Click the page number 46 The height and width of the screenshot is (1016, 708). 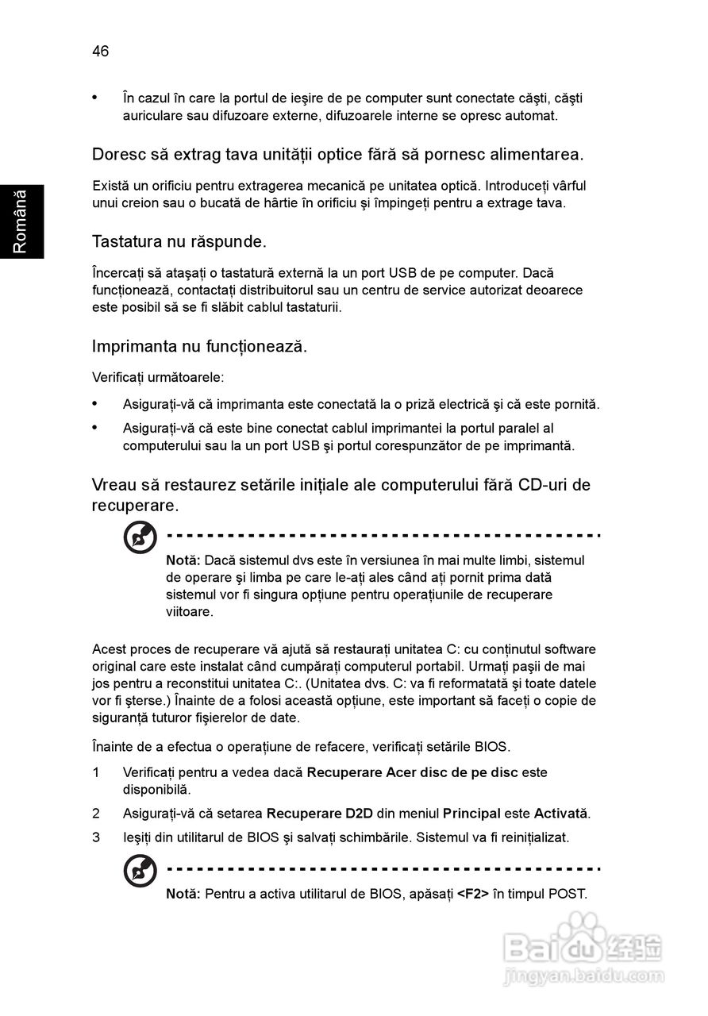100,52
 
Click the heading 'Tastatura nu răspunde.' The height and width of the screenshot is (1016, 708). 179,240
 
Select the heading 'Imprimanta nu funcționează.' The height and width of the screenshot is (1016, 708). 199,346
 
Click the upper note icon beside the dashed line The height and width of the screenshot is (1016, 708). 140,539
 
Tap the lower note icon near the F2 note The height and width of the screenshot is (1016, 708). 140,872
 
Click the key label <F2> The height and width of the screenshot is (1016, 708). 473,894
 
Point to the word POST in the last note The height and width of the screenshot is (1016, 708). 568,894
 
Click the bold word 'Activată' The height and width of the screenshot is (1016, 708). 560,814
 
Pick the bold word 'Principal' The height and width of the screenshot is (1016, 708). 471,814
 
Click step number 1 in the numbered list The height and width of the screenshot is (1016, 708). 96,772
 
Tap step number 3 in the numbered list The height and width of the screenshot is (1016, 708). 96,837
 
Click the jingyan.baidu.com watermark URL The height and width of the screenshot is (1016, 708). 584,976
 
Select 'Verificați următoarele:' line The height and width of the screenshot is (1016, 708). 158,377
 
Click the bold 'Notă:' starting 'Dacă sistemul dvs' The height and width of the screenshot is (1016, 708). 183,560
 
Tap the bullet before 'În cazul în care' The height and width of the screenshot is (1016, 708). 96,98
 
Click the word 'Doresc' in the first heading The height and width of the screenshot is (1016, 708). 117,154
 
